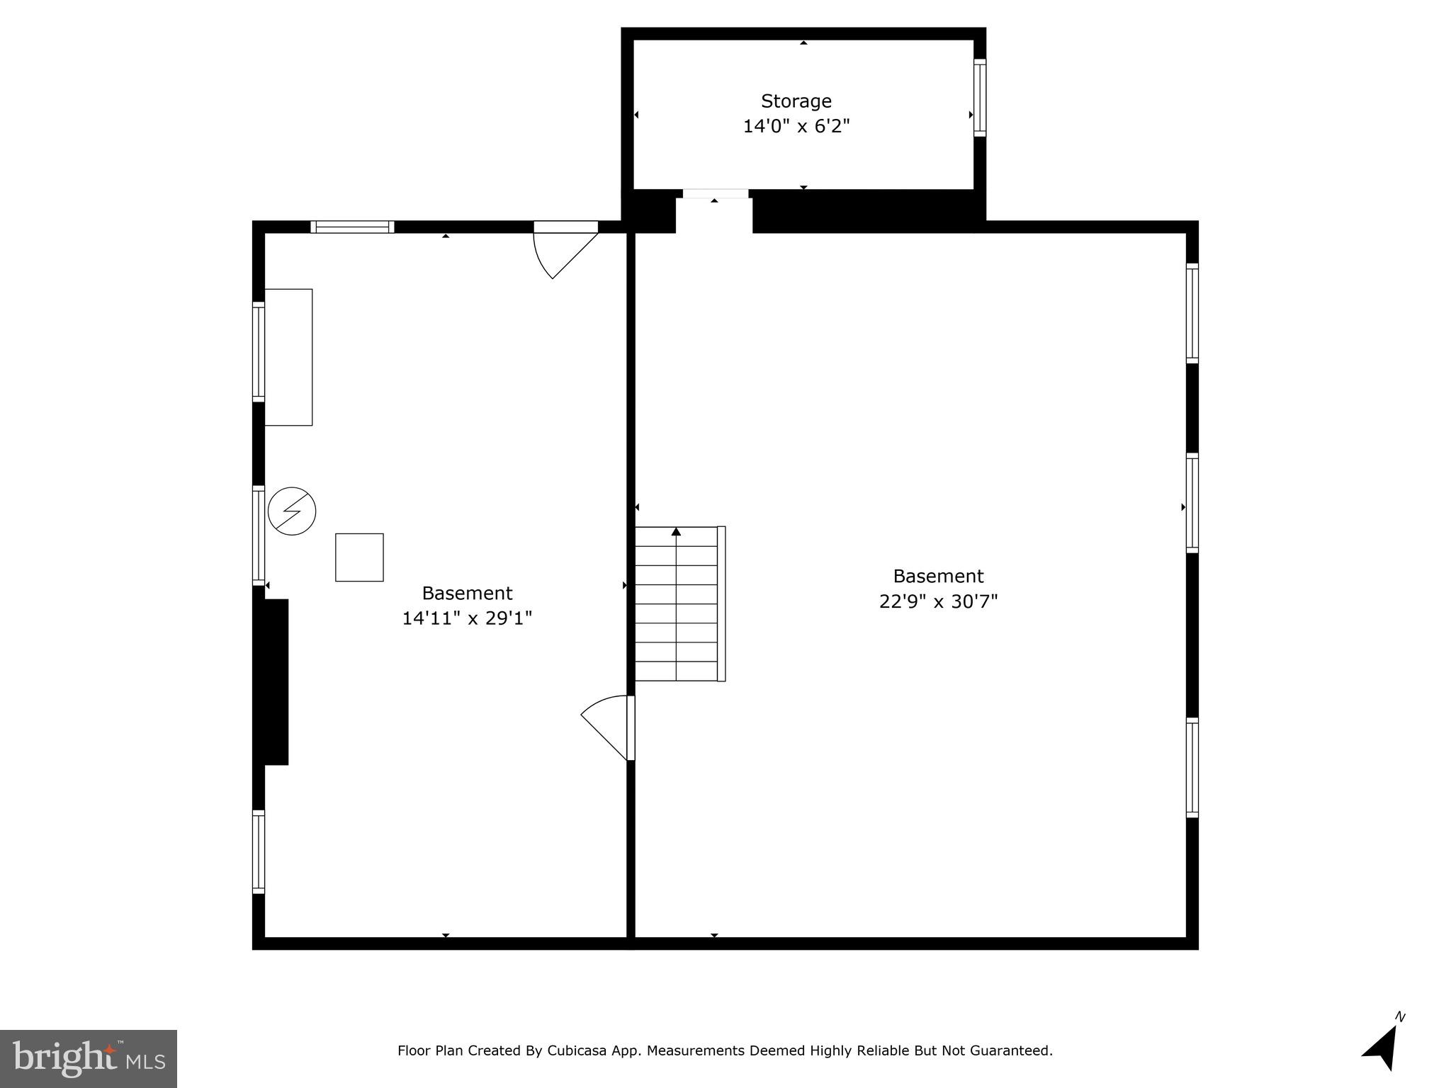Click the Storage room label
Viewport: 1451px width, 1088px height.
(x=796, y=101)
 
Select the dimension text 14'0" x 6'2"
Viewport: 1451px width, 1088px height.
(x=796, y=127)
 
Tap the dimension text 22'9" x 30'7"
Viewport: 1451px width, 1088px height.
(x=938, y=601)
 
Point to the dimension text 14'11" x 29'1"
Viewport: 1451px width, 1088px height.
(x=467, y=618)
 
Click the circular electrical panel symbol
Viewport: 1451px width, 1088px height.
(x=292, y=511)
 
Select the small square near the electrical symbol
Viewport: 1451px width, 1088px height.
(x=359, y=557)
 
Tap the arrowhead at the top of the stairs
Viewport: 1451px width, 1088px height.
(x=676, y=531)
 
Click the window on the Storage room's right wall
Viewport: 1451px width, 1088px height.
(x=979, y=98)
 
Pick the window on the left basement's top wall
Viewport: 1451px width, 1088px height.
(x=352, y=227)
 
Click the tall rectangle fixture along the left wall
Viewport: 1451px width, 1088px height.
(x=288, y=357)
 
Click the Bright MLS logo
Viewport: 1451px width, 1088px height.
(x=88, y=1058)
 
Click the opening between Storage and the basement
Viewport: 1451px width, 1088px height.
(x=714, y=210)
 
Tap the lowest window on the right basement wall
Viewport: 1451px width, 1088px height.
(x=1192, y=767)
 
